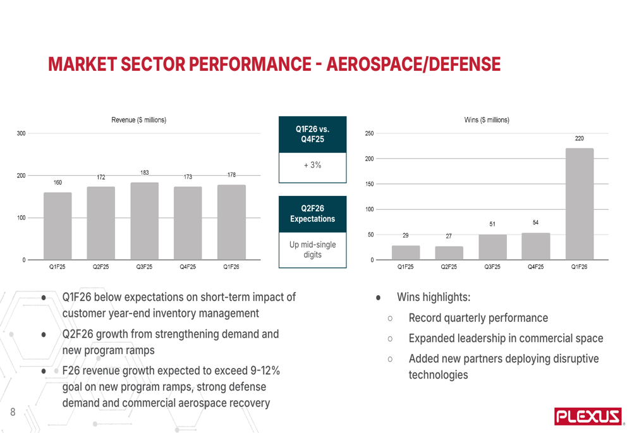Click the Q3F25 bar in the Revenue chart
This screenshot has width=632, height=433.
pyautogui.click(x=144, y=221)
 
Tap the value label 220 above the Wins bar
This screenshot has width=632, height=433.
pyautogui.click(x=579, y=138)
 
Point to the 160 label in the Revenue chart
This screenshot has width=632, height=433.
pyautogui.click(x=58, y=182)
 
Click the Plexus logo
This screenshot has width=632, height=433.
pyautogui.click(x=587, y=415)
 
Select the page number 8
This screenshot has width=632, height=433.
pyautogui.click(x=13, y=412)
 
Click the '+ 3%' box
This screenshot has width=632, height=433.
pyautogui.click(x=312, y=166)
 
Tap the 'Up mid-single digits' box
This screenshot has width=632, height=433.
pyautogui.click(x=312, y=249)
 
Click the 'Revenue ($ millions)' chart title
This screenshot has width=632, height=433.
pyautogui.click(x=139, y=120)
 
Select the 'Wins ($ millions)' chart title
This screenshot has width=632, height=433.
pyautogui.click(x=487, y=120)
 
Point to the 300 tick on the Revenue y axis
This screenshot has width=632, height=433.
pyautogui.click(x=21, y=133)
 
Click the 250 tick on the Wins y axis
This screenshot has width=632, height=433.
pyautogui.click(x=369, y=133)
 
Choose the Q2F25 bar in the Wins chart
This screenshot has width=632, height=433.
pyautogui.click(x=449, y=253)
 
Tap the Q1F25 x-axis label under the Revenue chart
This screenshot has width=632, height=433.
pyautogui.click(x=58, y=267)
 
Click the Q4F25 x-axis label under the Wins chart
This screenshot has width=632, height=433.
pyautogui.click(x=535, y=267)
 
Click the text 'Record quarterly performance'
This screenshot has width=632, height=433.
pyautogui.click(x=478, y=318)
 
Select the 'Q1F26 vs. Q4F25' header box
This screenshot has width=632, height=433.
pyautogui.click(x=312, y=134)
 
